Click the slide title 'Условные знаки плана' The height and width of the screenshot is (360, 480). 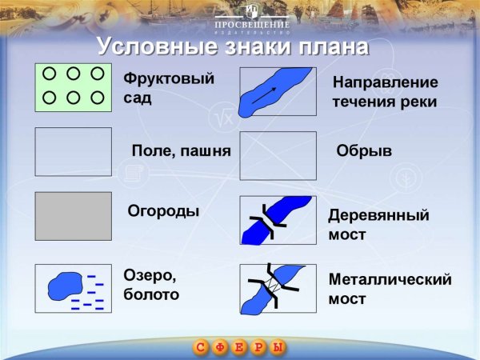point(232,46)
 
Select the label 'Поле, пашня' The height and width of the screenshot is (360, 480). point(181,151)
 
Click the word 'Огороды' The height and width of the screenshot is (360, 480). point(163,211)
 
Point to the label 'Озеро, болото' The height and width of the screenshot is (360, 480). point(151,285)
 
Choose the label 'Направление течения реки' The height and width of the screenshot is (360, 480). point(385,92)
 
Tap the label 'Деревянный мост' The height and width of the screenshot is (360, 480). point(378,225)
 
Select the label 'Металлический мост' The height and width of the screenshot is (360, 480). point(390,289)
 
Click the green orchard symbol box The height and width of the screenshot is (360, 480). point(73,86)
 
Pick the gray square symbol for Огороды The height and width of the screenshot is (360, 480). point(73,216)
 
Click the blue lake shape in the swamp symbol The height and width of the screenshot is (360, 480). point(65,285)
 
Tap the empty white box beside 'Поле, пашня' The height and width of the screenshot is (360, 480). point(73,151)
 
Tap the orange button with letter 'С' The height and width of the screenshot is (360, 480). point(201,348)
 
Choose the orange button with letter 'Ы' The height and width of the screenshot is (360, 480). point(278,348)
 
